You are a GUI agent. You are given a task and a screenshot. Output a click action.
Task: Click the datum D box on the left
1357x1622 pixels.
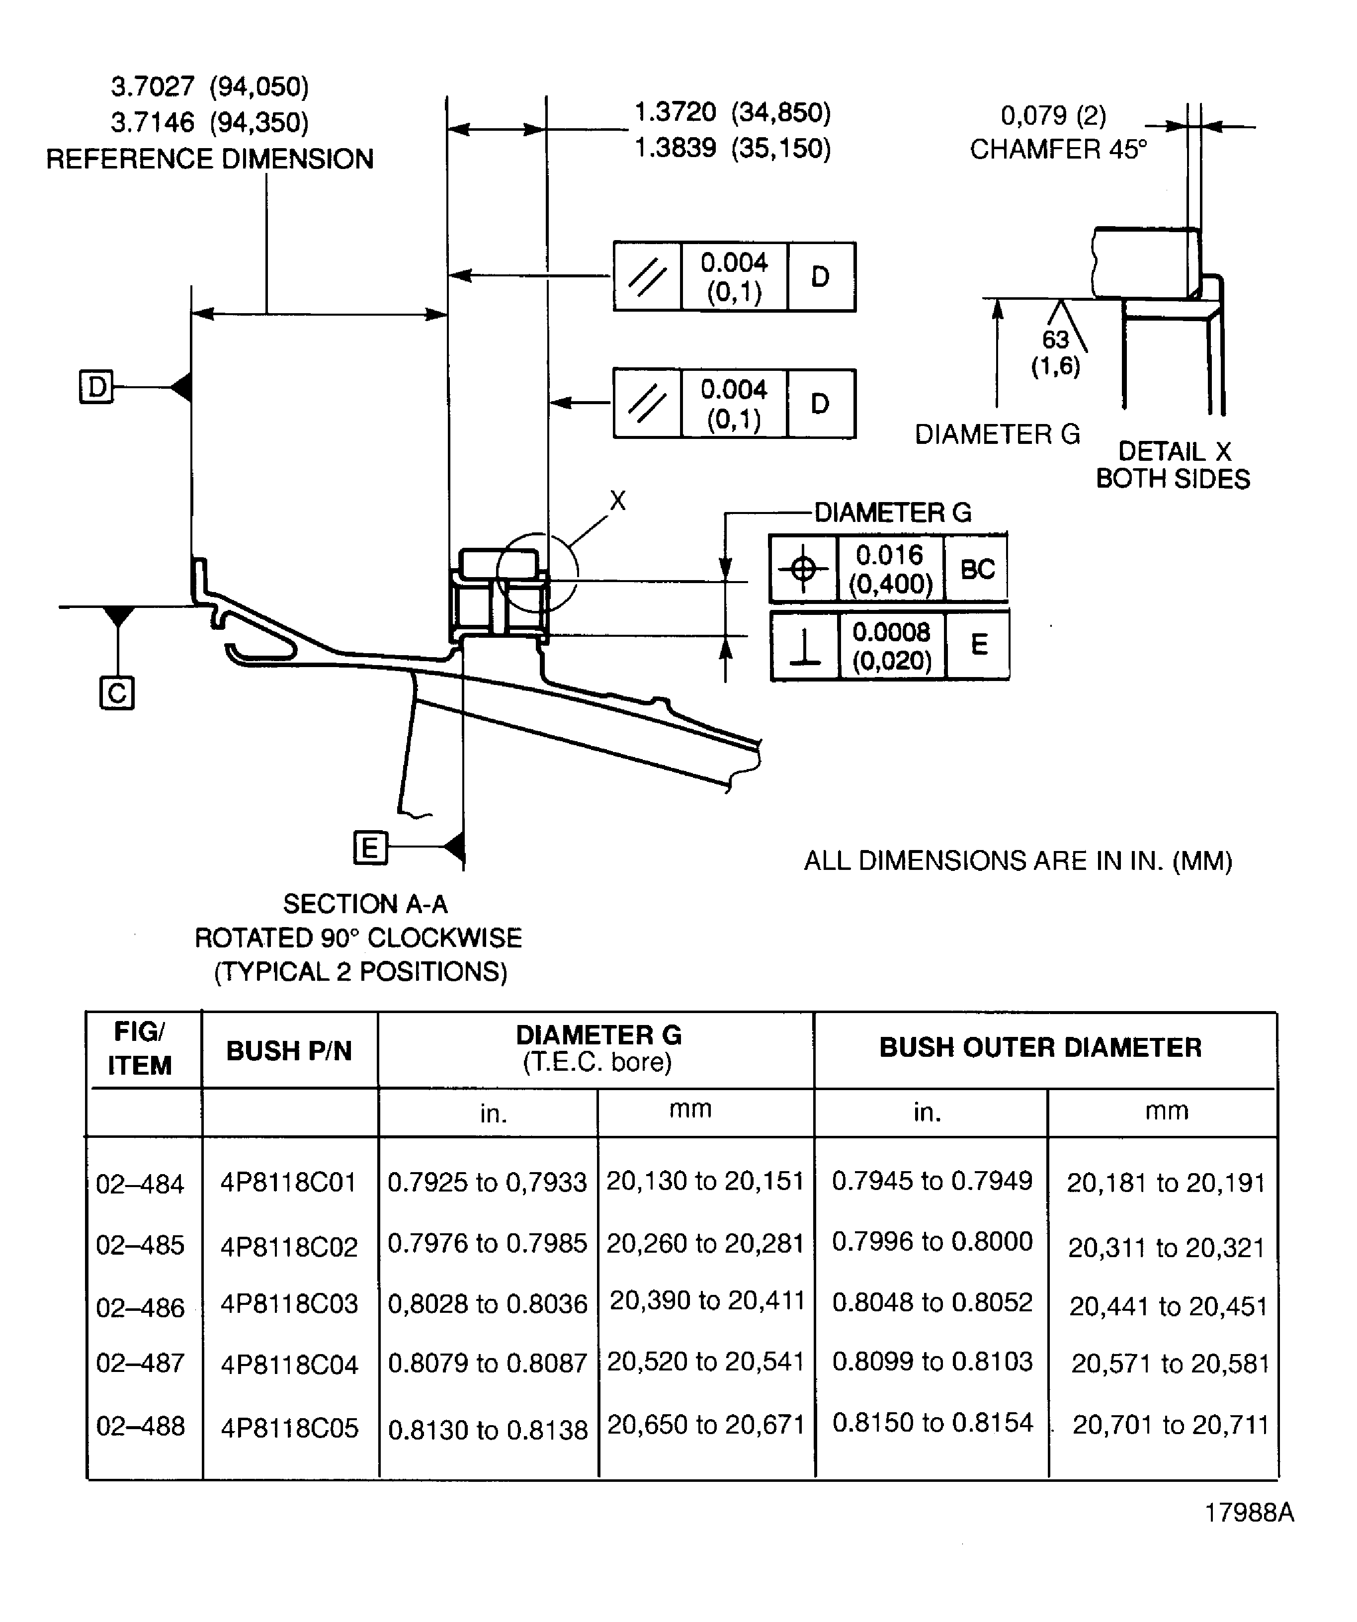click(96, 386)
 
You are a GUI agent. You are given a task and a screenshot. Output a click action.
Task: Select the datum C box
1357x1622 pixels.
click(117, 693)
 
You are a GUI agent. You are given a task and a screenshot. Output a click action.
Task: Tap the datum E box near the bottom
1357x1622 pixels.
click(370, 848)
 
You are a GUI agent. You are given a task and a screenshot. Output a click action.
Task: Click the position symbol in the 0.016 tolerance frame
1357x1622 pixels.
click(803, 569)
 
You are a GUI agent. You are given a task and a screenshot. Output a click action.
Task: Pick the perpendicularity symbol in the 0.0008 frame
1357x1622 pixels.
click(805, 646)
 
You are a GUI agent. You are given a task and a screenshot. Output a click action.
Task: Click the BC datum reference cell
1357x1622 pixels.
click(977, 569)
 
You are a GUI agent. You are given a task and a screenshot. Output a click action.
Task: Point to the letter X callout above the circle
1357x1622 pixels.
click(617, 501)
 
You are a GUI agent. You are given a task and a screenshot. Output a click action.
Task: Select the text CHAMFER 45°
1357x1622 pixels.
click(1058, 149)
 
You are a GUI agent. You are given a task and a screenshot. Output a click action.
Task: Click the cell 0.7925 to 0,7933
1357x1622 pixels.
click(487, 1183)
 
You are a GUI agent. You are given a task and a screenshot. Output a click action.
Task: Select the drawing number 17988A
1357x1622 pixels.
click(1249, 1512)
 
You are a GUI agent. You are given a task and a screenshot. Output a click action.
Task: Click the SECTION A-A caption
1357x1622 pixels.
click(364, 904)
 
